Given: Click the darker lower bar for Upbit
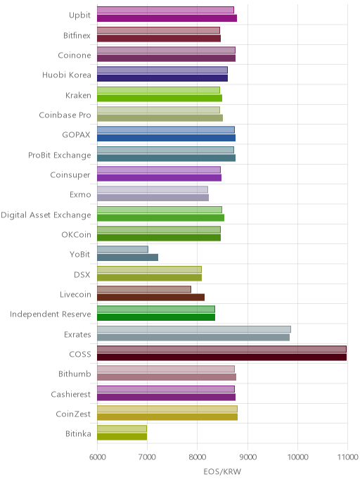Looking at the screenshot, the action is coord(167,18).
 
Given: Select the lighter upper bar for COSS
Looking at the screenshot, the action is coord(221,349).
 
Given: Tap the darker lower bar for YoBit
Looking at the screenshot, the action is coord(128,257).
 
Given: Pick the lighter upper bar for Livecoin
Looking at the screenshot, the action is coord(144,289).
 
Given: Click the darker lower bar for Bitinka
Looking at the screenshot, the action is coord(122,437).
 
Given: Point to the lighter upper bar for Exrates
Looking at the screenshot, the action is coord(194,329).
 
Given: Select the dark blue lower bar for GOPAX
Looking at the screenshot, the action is coord(166,138).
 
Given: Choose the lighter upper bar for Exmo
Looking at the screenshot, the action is coord(153,189).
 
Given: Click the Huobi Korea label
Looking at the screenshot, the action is coord(67,75).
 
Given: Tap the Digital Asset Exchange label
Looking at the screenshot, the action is coord(46,215).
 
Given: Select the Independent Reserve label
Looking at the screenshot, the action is coord(51,314).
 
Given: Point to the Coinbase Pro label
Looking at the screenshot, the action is coord(65,115).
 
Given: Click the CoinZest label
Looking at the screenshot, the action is coord(73,414).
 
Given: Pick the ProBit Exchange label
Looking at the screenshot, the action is coord(60,155).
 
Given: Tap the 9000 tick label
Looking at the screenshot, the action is coord(247,457).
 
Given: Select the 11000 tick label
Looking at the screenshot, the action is coord(347,457).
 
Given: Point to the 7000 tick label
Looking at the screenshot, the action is coord(148,457).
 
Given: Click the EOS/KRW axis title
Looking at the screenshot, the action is coord(222,471).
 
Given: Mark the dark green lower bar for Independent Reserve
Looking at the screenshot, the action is coord(156,317).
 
